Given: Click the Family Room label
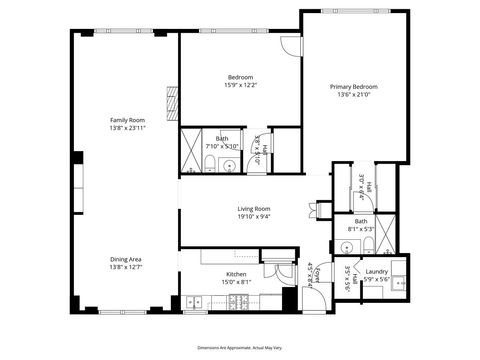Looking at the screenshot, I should point(126,120).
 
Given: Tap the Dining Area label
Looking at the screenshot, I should point(126,259).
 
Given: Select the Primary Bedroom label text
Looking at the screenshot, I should point(354,87).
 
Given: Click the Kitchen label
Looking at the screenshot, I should point(236,273).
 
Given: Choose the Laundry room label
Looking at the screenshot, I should point(376,272).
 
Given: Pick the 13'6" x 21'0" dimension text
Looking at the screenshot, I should point(354,96).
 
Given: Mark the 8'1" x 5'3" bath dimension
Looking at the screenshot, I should point(360,228).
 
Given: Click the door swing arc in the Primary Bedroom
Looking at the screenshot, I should point(289,46).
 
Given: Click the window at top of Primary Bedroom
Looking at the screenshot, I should point(356,13).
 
